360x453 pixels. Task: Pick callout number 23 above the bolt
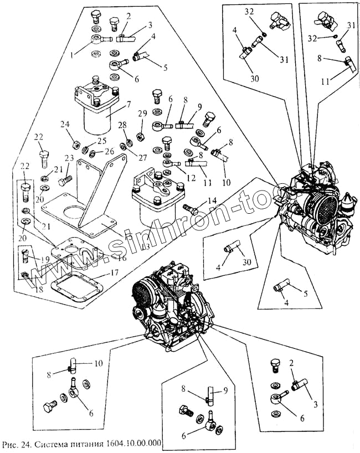[68, 158]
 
